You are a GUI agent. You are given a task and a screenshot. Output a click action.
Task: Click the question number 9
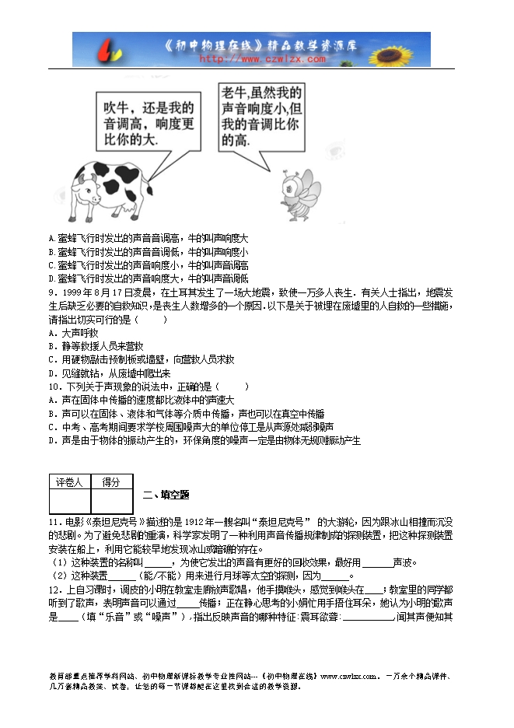coord(52,292)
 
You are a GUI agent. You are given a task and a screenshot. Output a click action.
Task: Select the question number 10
coord(54,386)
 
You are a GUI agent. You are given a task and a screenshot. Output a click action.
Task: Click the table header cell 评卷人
coord(69,482)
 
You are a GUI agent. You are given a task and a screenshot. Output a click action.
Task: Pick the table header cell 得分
coord(112,482)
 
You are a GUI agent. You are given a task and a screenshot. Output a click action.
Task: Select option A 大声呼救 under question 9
coord(73,332)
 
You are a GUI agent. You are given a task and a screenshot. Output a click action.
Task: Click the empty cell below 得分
coord(112,501)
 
